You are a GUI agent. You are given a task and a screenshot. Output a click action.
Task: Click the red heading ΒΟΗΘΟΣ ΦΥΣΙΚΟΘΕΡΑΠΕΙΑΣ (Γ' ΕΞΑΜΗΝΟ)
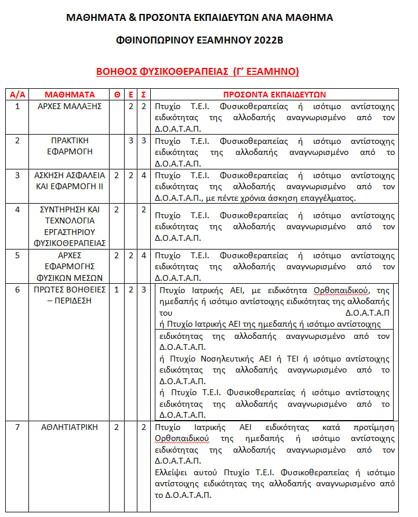pyautogui.click(x=198, y=72)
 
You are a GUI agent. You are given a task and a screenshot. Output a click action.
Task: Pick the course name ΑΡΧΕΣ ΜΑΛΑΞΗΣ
pyautogui.click(x=70, y=106)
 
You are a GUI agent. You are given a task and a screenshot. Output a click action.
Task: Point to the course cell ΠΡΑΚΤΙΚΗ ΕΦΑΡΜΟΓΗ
pyautogui.click(x=70, y=146)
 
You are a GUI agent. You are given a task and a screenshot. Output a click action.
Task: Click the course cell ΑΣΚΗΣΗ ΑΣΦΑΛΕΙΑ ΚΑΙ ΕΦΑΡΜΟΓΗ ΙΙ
pyautogui.click(x=70, y=181)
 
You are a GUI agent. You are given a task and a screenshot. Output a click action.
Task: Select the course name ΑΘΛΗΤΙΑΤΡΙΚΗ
pyautogui.click(x=70, y=428)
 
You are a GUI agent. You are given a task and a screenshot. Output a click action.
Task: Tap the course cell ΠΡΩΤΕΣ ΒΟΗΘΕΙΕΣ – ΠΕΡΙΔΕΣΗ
pyautogui.click(x=70, y=295)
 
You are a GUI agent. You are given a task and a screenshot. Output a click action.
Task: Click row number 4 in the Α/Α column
pyautogui.click(x=17, y=209)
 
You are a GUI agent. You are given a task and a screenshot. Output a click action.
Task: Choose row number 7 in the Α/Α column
pyautogui.click(x=17, y=428)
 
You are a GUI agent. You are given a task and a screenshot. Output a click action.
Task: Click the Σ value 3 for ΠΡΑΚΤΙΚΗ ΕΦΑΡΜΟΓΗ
pyautogui.click(x=144, y=141)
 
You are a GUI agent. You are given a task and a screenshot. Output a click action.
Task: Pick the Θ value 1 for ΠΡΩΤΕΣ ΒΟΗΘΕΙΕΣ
pyautogui.click(x=117, y=290)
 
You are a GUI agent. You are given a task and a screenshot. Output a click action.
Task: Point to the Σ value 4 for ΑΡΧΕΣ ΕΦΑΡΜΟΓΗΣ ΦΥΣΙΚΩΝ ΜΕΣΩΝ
pyautogui.click(x=144, y=255)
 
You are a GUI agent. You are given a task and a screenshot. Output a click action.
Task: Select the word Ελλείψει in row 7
pyautogui.click(x=173, y=472)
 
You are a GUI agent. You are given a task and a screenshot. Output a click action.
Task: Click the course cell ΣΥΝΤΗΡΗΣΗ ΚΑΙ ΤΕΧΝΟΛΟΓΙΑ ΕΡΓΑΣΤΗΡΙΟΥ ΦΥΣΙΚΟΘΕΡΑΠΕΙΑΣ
pyautogui.click(x=70, y=226)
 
